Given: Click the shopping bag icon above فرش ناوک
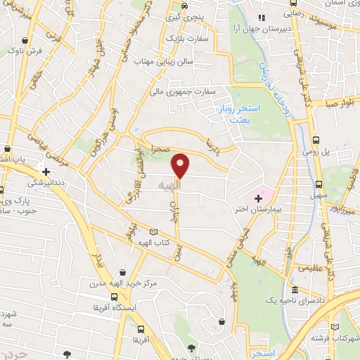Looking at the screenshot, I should point(26,40).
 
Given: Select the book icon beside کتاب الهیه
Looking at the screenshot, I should point(154,231).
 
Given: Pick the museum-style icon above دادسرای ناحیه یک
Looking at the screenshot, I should point(295,290).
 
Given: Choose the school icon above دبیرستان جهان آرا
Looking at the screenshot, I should point(262,18).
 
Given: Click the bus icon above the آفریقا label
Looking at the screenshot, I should point(141,329).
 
